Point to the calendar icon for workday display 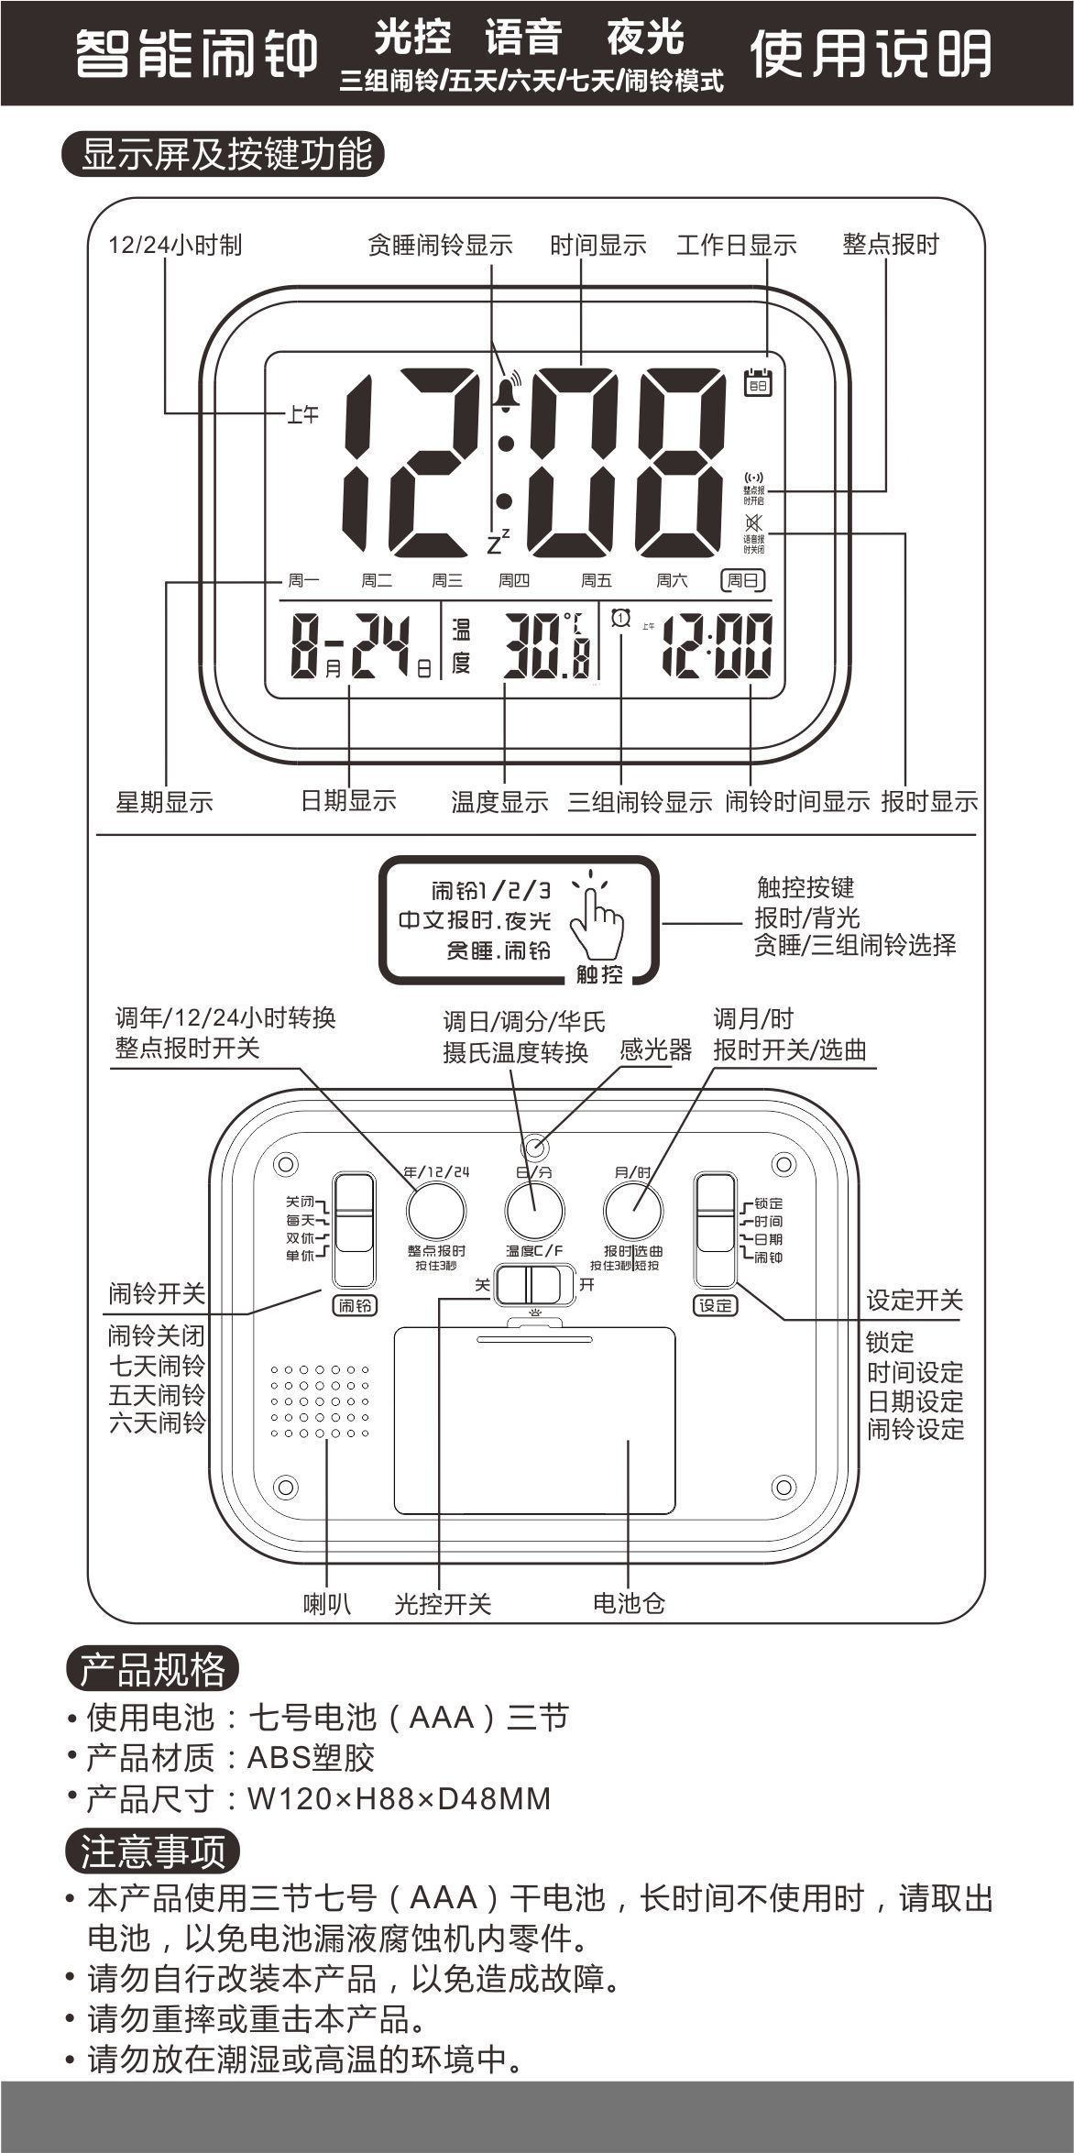pyautogui.click(x=758, y=381)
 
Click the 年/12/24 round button pyautogui.click(x=435, y=1211)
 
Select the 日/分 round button pyautogui.click(x=534, y=1211)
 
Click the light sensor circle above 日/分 pyautogui.click(x=535, y=1147)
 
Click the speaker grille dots pyautogui.click(x=320, y=1401)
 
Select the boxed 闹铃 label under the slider pyautogui.click(x=355, y=1305)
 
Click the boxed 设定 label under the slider pyautogui.click(x=715, y=1305)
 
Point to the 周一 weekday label pyautogui.click(x=303, y=580)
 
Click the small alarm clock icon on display pyautogui.click(x=621, y=619)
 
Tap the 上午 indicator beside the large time pyautogui.click(x=303, y=415)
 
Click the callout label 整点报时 pyautogui.click(x=891, y=245)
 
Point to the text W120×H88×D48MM pyautogui.click(x=400, y=1798)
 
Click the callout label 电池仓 pyautogui.click(x=629, y=1603)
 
